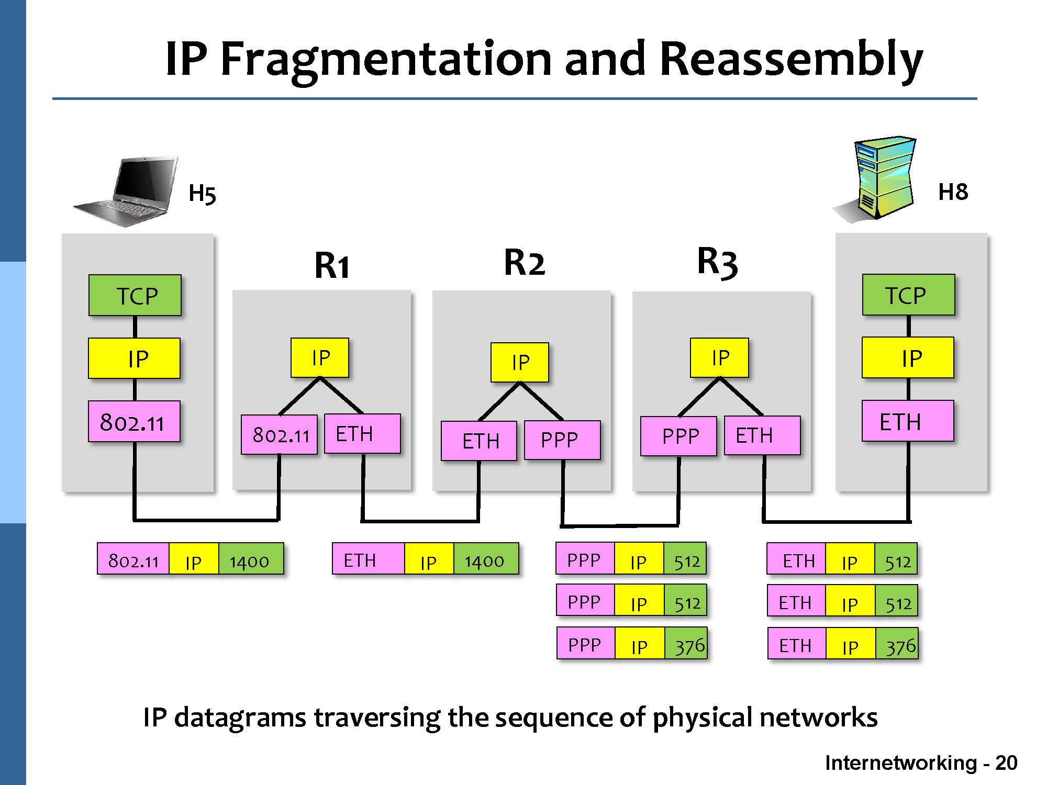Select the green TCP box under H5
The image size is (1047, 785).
pos(135,296)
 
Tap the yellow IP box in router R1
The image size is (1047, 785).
pos(320,358)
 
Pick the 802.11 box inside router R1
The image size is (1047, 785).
pos(280,435)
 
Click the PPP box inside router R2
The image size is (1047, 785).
pos(562,440)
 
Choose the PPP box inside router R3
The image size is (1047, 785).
pos(679,436)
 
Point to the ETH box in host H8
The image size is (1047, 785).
pos(907,421)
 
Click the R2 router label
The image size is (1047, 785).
pos(524,263)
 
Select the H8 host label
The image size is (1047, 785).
pos(953,192)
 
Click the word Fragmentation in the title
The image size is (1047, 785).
pos(386,59)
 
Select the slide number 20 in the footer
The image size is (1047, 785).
pos(1006,763)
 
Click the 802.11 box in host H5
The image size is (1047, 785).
pos(134,422)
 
